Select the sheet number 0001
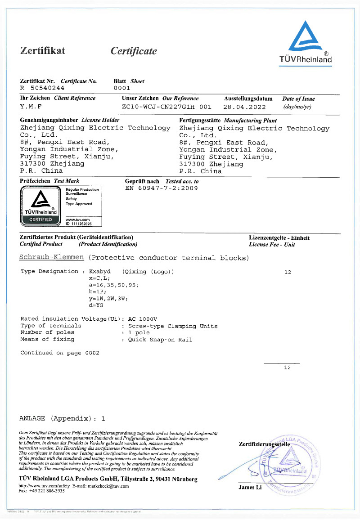click(x=121, y=88)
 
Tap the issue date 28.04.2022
click(x=244, y=107)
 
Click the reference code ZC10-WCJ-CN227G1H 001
click(x=166, y=107)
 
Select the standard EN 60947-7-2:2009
click(x=161, y=188)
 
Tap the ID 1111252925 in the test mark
click(x=79, y=224)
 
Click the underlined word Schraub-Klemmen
click(x=52, y=258)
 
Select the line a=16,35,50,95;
click(x=114, y=285)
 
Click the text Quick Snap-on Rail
click(x=160, y=340)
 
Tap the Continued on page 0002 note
click(x=60, y=353)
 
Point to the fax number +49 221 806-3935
click(x=46, y=491)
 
